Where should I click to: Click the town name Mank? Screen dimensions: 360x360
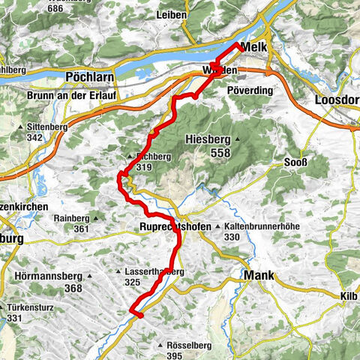pos(260,275)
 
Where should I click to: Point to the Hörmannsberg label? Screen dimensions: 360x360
pos(48,276)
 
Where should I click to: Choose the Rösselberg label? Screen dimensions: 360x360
pos(182,344)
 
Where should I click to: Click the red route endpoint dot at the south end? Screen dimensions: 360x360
pos(139,315)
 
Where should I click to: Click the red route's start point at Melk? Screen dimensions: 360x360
pos(239,46)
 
